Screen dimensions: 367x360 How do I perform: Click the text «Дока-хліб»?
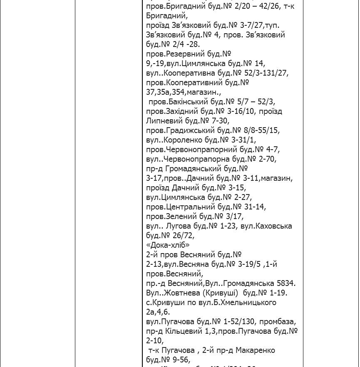point(168,245)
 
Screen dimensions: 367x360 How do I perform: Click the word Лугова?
point(178,226)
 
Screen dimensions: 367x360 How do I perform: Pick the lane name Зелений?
point(184,217)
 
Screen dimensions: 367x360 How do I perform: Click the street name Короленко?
point(184,140)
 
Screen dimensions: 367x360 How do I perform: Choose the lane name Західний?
point(185,111)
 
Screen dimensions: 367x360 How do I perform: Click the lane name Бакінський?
point(187,102)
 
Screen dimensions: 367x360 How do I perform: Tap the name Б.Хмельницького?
point(243,303)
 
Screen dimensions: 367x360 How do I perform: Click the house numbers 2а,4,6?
point(158,312)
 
